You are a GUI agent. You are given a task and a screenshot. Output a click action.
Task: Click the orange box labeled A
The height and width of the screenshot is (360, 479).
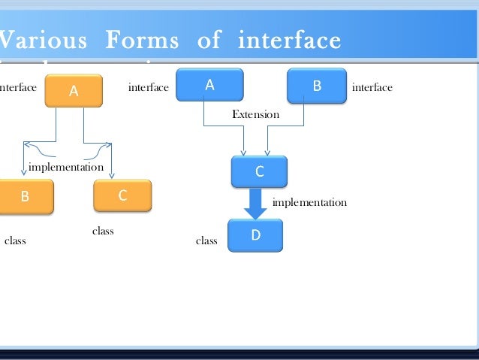(x=74, y=91)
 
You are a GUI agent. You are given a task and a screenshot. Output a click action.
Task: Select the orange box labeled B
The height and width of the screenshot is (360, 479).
(x=25, y=196)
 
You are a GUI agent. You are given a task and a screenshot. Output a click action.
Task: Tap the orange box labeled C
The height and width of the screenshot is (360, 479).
(x=122, y=195)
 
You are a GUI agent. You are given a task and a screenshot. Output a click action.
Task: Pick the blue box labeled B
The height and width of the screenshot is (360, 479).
(x=316, y=86)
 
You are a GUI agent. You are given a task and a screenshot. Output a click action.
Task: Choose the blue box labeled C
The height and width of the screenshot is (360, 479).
(x=259, y=171)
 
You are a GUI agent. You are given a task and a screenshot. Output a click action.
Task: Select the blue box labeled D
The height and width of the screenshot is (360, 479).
(x=255, y=235)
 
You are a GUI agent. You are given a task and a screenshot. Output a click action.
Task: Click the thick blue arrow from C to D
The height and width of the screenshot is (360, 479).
(x=256, y=202)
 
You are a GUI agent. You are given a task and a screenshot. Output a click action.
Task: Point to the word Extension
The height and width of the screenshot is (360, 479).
(x=255, y=115)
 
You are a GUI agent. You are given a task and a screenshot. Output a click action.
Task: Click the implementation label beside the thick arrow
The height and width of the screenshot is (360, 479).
(x=309, y=202)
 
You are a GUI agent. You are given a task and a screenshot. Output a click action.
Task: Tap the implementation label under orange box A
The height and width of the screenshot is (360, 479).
(x=65, y=166)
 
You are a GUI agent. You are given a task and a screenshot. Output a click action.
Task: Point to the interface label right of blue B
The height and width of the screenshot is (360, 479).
(x=372, y=88)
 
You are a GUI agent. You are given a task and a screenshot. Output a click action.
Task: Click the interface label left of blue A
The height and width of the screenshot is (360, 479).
(x=149, y=88)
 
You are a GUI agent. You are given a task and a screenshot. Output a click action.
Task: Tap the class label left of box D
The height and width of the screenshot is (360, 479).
(x=206, y=241)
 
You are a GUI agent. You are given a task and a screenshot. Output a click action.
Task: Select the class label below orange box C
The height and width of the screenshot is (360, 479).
(x=103, y=231)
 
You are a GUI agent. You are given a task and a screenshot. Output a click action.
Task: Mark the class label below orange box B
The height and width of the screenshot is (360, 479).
(x=15, y=241)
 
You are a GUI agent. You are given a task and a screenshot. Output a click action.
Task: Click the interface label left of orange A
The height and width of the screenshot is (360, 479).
(x=18, y=88)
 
